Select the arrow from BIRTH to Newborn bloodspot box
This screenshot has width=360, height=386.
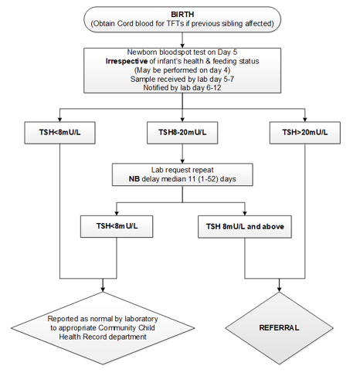click(182, 38)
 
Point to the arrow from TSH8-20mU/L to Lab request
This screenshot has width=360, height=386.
click(182, 153)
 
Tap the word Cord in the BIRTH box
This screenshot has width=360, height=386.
click(149, 23)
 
